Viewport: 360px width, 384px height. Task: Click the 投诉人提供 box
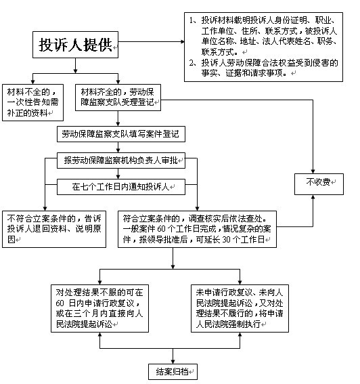point(75,45)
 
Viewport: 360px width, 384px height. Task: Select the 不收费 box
point(319,184)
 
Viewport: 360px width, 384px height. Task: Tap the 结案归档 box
point(173,372)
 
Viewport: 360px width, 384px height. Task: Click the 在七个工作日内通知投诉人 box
point(121,187)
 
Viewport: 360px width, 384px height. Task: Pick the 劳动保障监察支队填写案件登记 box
point(121,134)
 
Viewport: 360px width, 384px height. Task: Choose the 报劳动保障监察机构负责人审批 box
point(121,161)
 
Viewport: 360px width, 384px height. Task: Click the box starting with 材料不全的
point(32,103)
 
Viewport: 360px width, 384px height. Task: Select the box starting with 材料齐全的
point(118,98)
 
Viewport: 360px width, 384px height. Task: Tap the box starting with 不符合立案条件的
point(54,229)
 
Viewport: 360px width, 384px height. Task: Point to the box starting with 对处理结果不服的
point(99,308)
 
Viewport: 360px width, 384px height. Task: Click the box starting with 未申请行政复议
point(240,308)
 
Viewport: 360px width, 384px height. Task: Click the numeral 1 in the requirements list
point(192,20)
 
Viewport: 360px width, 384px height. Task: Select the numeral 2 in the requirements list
point(192,63)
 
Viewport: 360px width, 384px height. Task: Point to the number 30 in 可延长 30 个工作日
point(227,240)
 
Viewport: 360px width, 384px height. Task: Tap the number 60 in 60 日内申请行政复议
point(60,303)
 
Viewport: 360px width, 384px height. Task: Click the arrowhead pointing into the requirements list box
point(183,41)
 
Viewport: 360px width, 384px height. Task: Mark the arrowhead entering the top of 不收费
point(313,171)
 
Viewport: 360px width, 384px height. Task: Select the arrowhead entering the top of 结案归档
point(173,362)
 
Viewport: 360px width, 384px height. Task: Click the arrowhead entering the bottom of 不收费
point(313,197)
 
